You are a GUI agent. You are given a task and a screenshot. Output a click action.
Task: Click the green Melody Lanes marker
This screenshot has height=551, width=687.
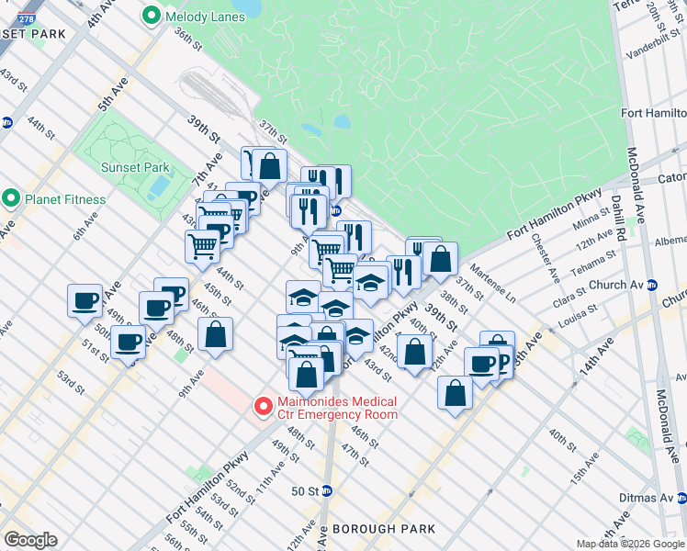point(150,17)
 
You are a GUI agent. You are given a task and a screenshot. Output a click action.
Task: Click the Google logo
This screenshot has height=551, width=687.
point(30,540)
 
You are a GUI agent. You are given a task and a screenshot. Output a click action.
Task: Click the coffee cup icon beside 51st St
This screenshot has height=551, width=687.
point(129,342)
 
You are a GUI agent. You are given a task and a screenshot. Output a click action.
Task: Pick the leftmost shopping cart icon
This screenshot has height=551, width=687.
point(202,245)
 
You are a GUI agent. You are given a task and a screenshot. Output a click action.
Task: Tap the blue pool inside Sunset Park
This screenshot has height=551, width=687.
point(158,187)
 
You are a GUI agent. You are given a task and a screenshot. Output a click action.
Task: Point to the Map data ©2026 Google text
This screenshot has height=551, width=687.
point(630,544)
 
